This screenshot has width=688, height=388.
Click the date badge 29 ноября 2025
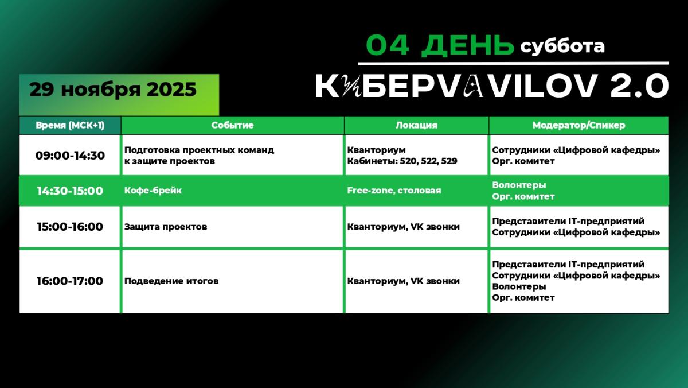[x=113, y=90]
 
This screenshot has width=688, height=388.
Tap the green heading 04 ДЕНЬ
[x=440, y=45]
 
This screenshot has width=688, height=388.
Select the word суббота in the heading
[x=562, y=46]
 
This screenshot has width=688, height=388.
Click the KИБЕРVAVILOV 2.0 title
[x=492, y=87]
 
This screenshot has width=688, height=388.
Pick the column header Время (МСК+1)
[x=70, y=125]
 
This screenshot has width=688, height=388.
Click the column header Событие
[x=232, y=125]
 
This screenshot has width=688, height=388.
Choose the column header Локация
[x=416, y=125]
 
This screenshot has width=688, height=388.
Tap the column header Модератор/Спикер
[x=578, y=125]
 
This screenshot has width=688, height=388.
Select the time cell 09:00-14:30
[x=70, y=156]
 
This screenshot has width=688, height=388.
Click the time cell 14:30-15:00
[x=70, y=191]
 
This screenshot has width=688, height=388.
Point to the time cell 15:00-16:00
[x=70, y=227]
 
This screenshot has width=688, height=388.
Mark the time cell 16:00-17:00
[x=70, y=281]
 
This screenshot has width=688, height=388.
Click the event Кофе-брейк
[x=153, y=191]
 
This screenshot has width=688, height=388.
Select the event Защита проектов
[x=166, y=227]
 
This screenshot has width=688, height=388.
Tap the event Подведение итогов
[x=171, y=281]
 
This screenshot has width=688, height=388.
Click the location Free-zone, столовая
[x=394, y=191]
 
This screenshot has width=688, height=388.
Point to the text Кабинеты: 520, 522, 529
[x=402, y=161]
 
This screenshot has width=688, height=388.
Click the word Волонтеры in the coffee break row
[x=519, y=185]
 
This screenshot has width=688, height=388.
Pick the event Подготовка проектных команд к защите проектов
[x=199, y=156]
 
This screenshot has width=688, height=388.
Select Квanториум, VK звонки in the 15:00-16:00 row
[x=403, y=227]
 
